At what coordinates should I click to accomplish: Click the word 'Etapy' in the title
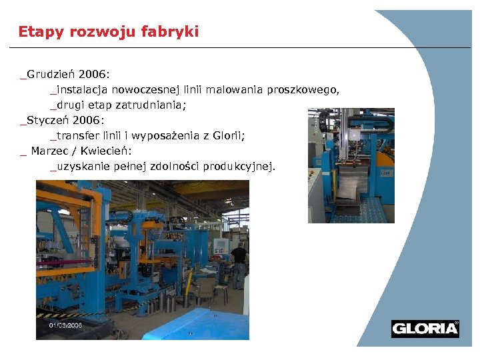[34, 32]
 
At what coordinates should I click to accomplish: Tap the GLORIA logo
[425, 329]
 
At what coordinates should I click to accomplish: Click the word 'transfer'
[77, 135]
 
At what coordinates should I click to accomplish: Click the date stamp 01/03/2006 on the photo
[65, 325]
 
